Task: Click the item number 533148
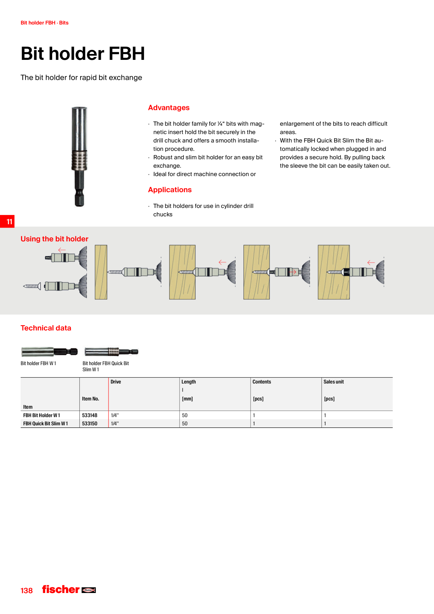click(x=90, y=415)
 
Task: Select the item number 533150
click(x=90, y=424)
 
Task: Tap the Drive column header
click(x=116, y=382)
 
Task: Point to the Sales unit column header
click(x=334, y=382)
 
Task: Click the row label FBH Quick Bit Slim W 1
click(x=45, y=424)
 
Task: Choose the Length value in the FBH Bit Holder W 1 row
click(x=185, y=415)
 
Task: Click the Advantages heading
click(x=169, y=108)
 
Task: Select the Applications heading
click(x=170, y=190)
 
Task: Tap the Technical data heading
click(x=46, y=328)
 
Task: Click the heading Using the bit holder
click(x=54, y=239)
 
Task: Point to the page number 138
click(x=27, y=591)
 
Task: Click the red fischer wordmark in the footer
click(x=61, y=589)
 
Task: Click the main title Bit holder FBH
click(x=83, y=54)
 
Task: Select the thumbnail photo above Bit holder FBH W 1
click(x=49, y=351)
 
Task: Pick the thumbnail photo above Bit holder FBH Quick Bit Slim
click(x=111, y=351)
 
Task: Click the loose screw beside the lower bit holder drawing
click(x=32, y=286)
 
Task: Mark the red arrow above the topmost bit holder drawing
click(x=62, y=250)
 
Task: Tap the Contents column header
click(x=262, y=382)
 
